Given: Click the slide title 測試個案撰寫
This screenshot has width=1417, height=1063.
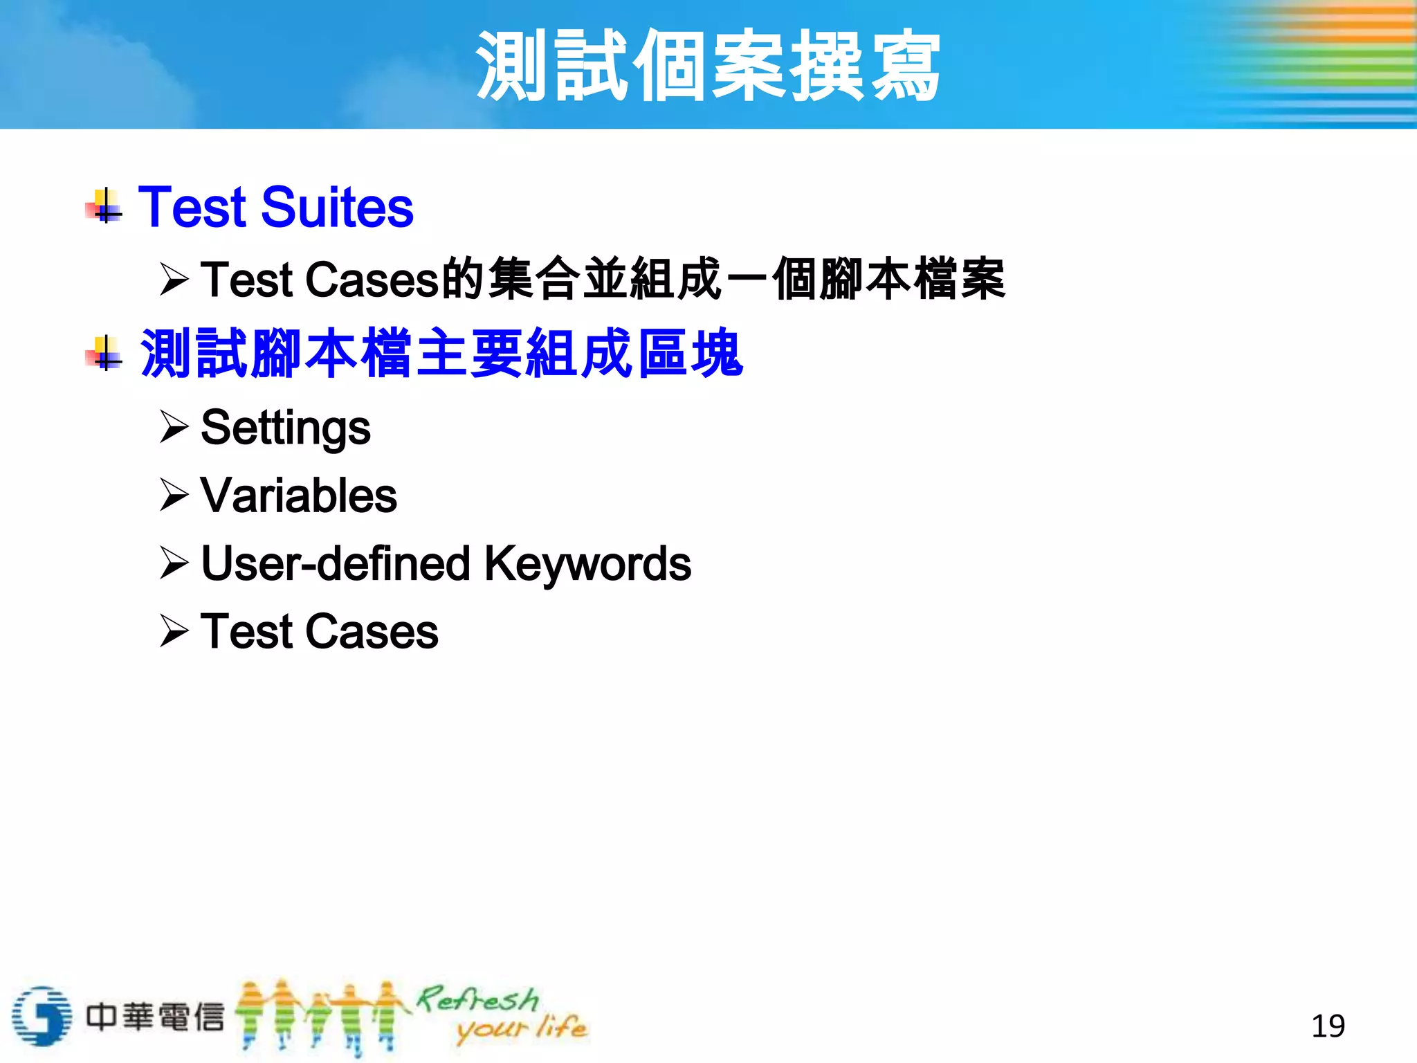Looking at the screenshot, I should click(708, 66).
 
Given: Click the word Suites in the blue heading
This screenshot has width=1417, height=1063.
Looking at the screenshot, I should click(337, 208).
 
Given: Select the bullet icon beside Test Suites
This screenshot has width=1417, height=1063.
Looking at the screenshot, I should click(105, 206).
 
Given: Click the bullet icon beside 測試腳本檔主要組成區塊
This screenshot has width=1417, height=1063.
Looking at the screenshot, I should click(105, 353).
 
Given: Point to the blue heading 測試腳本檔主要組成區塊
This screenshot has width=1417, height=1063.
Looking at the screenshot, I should click(441, 354).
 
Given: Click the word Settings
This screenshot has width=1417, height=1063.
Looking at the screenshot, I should click(285, 428).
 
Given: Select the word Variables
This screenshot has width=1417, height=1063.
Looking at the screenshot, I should click(298, 496).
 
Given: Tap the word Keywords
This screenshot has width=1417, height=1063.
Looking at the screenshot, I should click(587, 564).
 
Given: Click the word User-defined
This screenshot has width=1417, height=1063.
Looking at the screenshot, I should click(336, 564).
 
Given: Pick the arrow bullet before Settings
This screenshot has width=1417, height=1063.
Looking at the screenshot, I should click(174, 426).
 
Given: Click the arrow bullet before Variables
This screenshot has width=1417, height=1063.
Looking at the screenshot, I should click(174, 494).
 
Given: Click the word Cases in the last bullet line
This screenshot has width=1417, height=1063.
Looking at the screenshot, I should click(372, 632).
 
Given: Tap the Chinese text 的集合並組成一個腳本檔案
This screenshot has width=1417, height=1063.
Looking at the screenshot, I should click(723, 279).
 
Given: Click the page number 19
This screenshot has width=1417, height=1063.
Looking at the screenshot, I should click(1328, 1026).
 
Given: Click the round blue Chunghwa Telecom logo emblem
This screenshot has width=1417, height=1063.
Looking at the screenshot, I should click(42, 1016).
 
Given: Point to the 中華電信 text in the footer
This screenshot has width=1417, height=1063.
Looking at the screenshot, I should click(155, 1017).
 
